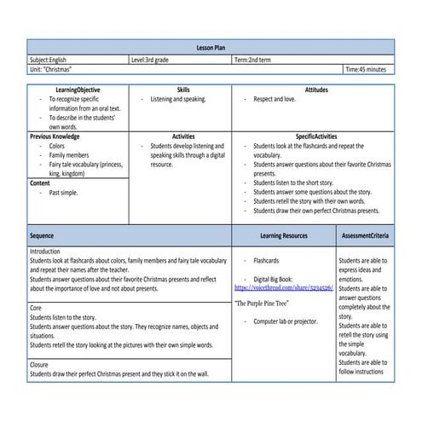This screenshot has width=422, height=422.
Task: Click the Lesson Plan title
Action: coord(211,49)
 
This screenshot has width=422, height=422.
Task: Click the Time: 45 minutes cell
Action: coord(366,70)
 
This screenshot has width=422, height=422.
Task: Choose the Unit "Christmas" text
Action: coord(50,70)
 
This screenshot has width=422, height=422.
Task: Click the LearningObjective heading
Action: coord(77,90)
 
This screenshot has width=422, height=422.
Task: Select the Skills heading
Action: coord(183,90)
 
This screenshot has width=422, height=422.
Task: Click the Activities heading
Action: coord(183,136)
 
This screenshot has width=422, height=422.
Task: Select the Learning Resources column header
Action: coord(283,235)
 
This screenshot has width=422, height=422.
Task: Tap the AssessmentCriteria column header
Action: coord(365,235)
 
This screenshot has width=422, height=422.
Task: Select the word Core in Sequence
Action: coord(37,308)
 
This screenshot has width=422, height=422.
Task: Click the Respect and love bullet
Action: coord(275,100)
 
